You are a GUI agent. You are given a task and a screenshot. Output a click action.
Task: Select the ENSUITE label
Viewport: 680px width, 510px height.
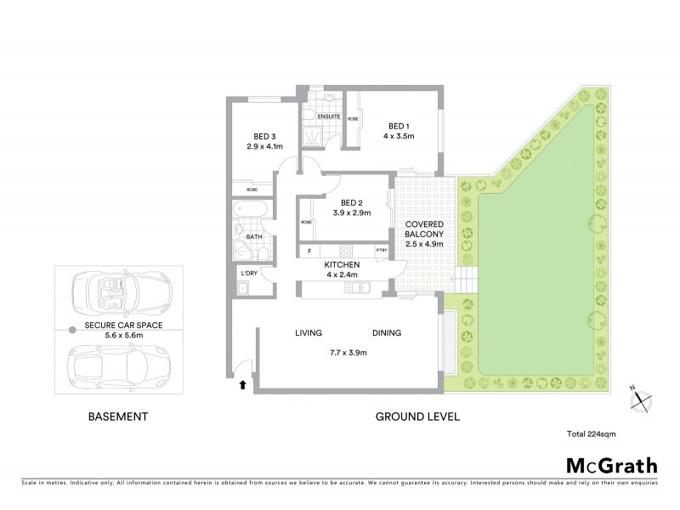tap(329, 116)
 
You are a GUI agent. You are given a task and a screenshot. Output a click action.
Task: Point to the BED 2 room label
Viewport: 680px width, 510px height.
tap(352, 201)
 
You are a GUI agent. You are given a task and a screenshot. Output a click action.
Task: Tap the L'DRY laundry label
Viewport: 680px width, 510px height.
tap(249, 273)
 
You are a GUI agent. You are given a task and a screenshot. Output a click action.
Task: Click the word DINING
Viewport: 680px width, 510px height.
tap(386, 332)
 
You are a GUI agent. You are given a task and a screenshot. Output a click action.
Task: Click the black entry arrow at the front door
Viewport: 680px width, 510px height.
tap(246, 385)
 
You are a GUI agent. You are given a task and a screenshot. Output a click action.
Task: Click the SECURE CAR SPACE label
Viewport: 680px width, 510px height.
tap(124, 326)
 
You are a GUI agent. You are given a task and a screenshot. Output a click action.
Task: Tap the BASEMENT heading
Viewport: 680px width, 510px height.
tap(119, 416)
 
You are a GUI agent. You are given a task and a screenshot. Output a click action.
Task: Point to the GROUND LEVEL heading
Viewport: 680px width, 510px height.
tap(418, 416)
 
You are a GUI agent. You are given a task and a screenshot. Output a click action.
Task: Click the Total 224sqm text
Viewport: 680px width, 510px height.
tap(591, 434)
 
